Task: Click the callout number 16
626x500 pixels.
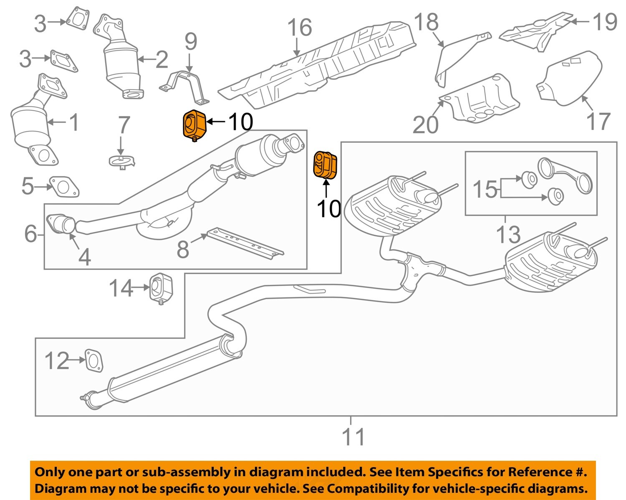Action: (x=299, y=28)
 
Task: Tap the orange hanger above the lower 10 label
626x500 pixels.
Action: (x=326, y=165)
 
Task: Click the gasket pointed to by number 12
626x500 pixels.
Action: (x=94, y=360)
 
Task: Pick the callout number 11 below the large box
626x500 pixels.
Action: (x=353, y=437)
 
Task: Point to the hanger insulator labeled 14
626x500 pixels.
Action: (x=161, y=287)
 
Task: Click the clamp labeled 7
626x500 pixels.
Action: (x=121, y=161)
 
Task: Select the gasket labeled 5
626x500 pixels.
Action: (x=64, y=187)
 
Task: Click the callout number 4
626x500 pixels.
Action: (x=84, y=256)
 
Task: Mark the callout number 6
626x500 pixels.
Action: (x=30, y=234)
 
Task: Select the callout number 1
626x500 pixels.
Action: (x=74, y=122)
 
